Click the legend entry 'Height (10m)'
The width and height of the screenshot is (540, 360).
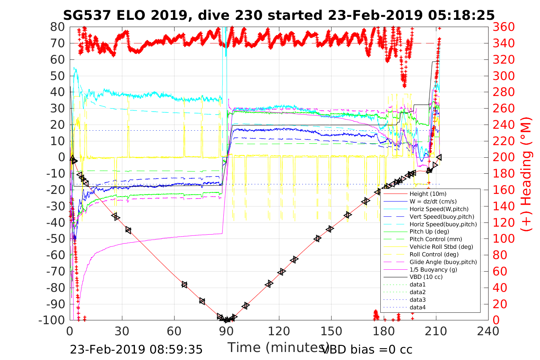[428, 194]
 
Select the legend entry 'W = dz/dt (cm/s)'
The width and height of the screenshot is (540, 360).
[433, 202]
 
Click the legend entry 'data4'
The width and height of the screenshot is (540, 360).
[417, 307]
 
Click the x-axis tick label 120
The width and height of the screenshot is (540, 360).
[279, 331]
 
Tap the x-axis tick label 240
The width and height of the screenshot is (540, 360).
[488, 331]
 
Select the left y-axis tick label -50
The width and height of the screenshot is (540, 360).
[56, 239]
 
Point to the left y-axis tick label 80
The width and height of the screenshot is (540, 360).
[58, 27]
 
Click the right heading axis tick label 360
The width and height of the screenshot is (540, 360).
[503, 27]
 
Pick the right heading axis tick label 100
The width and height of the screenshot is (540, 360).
[503, 239]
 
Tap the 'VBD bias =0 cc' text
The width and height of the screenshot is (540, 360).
[367, 349]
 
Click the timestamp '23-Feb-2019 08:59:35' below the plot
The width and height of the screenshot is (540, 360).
[136, 349]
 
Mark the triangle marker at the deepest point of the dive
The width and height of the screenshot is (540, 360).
[227, 320]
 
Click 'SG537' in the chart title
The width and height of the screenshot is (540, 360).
[87, 15]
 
